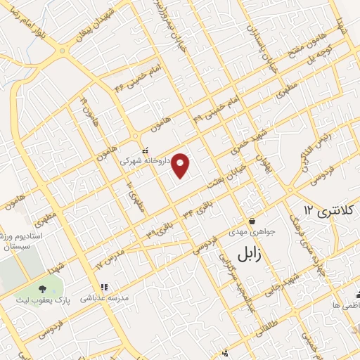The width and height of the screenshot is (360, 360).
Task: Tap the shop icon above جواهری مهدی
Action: click(251, 221)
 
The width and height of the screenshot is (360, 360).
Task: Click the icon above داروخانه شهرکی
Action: click(145, 150)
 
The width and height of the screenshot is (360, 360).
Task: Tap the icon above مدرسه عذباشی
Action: click(104, 287)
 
